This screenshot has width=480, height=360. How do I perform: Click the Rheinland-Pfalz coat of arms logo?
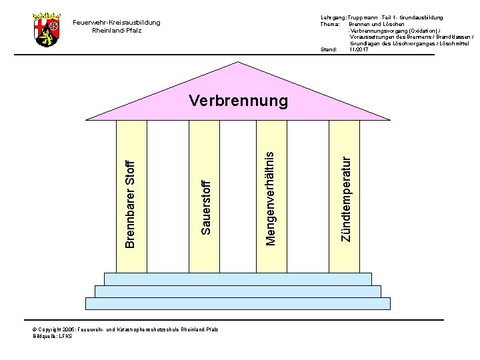(x=46, y=29)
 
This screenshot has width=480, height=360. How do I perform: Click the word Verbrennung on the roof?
(x=238, y=101)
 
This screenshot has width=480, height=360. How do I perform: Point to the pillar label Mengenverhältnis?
(x=269, y=198)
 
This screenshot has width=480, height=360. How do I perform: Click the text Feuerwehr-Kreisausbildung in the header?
(x=116, y=23)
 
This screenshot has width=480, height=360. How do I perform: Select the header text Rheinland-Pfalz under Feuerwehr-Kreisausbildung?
(x=116, y=31)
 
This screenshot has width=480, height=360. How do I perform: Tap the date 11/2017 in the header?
(x=358, y=49)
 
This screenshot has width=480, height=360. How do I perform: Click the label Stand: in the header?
(x=329, y=49)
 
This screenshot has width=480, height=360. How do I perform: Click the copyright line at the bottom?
(x=125, y=329)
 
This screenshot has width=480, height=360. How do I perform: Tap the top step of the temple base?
(x=239, y=279)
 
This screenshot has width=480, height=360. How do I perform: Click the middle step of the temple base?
(x=239, y=291)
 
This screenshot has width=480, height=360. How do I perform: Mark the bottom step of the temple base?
(x=239, y=303)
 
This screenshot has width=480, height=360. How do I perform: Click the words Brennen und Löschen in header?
(x=373, y=23)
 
